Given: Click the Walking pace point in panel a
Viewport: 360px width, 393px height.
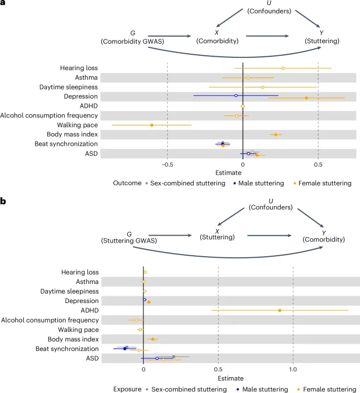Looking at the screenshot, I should pos(152,125).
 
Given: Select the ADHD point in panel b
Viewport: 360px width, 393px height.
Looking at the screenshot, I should pos(280,310).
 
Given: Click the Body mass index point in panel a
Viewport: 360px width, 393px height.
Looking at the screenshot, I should pos(275,135).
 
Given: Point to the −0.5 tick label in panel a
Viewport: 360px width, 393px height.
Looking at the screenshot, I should pos(167,164).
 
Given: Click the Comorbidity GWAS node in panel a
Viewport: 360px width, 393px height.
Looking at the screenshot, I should pos(132,37).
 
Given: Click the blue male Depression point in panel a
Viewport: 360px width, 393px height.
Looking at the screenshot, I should pos(236,96).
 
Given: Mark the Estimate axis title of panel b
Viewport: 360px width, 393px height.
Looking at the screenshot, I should pos(218,378).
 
